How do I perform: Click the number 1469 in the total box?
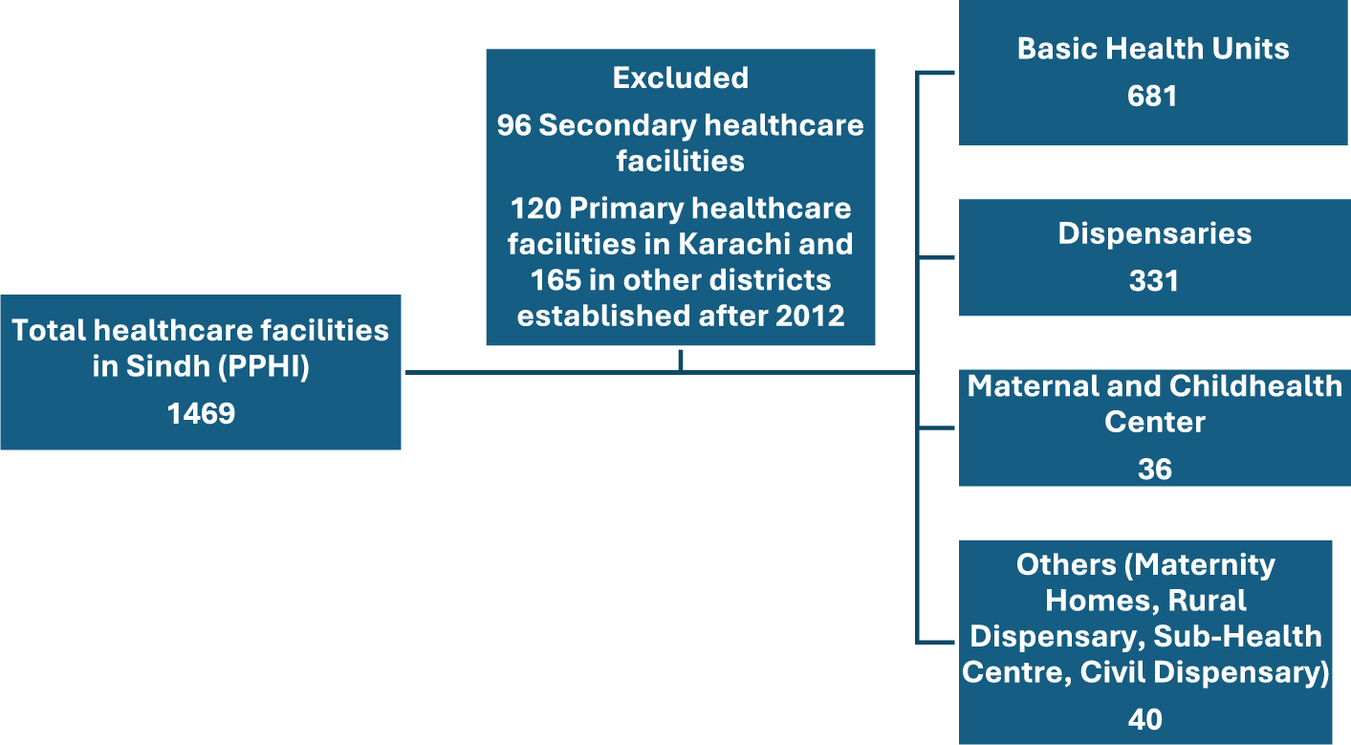pyautogui.click(x=201, y=414)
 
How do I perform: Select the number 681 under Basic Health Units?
pyautogui.click(x=1152, y=97)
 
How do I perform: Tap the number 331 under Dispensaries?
pyautogui.click(x=1153, y=281)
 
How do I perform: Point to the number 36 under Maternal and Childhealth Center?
pyautogui.click(x=1154, y=470)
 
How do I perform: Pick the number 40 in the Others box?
pyautogui.click(x=1144, y=720)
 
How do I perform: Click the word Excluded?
pyautogui.click(x=681, y=77)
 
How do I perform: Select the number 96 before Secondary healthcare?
pyautogui.click(x=513, y=125)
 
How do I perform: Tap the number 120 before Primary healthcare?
pyautogui.click(x=535, y=208)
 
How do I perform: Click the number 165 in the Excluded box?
pyautogui.click(x=555, y=280)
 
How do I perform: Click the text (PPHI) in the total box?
pyautogui.click(x=264, y=367)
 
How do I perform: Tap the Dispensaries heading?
pyautogui.click(x=1154, y=234)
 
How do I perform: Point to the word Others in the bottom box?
pyautogui.click(x=1066, y=565)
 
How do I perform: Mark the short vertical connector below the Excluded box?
pyautogui.click(x=681, y=360)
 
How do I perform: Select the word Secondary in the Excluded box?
pyautogui.click(x=618, y=126)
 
